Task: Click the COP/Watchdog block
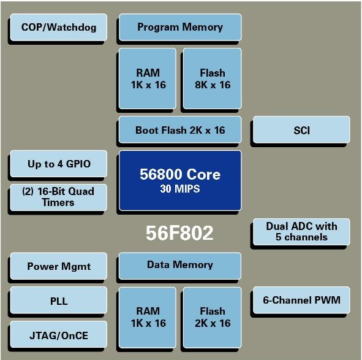pos(59,27)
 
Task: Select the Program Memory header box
pos(180,27)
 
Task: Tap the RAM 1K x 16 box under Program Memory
pos(148,79)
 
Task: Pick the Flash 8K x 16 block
pos(213,79)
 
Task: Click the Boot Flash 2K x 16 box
pos(180,130)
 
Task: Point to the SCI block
pos(301,130)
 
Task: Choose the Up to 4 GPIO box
pos(59,164)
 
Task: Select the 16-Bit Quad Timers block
pos(59,197)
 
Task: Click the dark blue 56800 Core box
pos(180,180)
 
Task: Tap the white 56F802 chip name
pos(179,233)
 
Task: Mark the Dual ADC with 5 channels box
pos(301,232)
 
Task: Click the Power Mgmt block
pos(59,266)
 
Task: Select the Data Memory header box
pos(180,266)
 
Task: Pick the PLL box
pos(59,300)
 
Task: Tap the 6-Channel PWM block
pos(301,300)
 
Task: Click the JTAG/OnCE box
pos(59,334)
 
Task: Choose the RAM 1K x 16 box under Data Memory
pos(148,318)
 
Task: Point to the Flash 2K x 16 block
pos(213,318)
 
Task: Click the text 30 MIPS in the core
pos(180,189)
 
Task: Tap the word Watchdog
pos(72,27)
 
